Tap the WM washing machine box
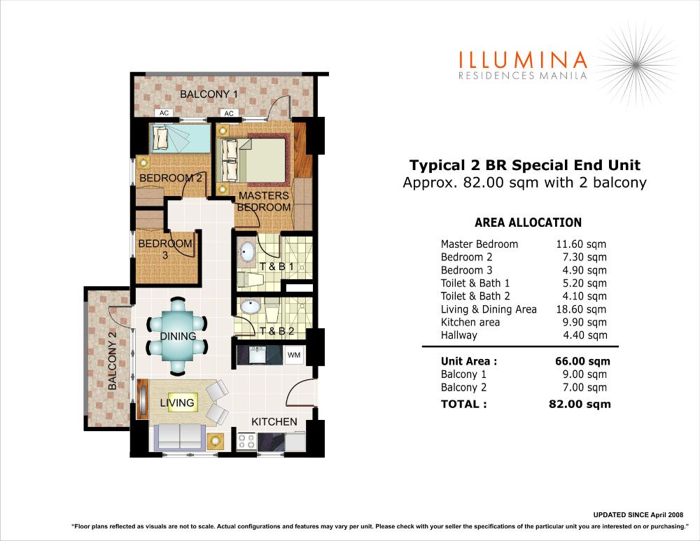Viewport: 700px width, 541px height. pos(294,356)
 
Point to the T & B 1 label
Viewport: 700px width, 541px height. pos(276,267)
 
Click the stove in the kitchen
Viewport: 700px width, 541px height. pos(246,441)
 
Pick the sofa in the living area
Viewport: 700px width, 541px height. pos(180,437)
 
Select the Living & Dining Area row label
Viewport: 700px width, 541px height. pos(489,309)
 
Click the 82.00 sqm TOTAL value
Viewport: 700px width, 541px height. pos(580,404)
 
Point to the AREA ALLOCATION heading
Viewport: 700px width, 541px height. pos(528,223)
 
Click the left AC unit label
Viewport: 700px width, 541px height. pos(164,113)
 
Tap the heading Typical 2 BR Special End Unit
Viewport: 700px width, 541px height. pos(524,165)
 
